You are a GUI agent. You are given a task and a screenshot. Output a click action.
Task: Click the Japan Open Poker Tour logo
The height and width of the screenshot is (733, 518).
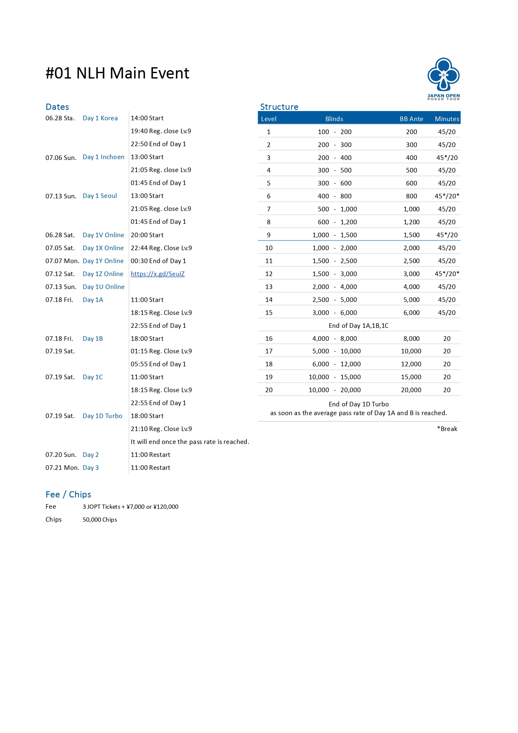tap(443, 79)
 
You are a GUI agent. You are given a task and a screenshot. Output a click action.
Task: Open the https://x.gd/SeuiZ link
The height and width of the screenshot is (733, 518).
tap(157, 274)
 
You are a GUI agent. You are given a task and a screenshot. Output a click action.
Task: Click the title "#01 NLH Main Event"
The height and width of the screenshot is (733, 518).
tap(117, 73)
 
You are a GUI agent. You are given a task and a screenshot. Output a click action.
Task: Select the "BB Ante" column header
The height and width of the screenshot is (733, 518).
tap(411, 119)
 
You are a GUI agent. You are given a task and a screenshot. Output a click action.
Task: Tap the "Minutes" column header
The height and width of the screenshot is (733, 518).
tap(447, 119)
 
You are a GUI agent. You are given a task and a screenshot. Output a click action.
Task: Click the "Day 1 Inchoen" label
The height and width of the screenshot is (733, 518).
tap(103, 157)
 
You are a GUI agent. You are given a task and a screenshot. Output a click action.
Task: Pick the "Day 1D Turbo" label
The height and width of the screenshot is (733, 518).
tap(102, 416)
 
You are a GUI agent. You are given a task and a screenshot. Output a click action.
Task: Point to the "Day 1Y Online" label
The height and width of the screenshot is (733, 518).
tap(103, 261)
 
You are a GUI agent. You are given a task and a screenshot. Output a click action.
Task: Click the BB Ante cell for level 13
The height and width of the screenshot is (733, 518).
tap(411, 287)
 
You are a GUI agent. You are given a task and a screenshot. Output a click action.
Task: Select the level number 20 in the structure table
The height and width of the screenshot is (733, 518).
tap(269, 390)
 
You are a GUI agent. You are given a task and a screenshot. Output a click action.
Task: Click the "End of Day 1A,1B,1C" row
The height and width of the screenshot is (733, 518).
tap(358, 326)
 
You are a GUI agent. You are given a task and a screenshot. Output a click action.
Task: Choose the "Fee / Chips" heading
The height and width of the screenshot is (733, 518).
tap(68, 495)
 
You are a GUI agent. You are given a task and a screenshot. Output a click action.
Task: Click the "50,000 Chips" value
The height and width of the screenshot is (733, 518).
tap(99, 520)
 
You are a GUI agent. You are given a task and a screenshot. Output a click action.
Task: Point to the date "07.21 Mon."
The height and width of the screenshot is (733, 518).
tap(62, 468)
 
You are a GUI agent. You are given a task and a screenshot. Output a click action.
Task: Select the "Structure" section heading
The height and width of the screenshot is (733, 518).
tap(279, 107)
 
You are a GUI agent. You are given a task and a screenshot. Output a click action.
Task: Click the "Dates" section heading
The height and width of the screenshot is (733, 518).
tap(57, 107)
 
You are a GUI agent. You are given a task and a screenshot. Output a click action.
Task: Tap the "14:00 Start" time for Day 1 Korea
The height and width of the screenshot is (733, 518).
tap(147, 118)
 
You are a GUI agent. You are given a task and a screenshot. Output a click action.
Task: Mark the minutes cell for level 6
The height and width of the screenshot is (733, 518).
tap(447, 196)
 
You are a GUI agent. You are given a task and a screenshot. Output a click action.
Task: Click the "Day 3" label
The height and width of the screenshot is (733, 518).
tap(91, 468)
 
